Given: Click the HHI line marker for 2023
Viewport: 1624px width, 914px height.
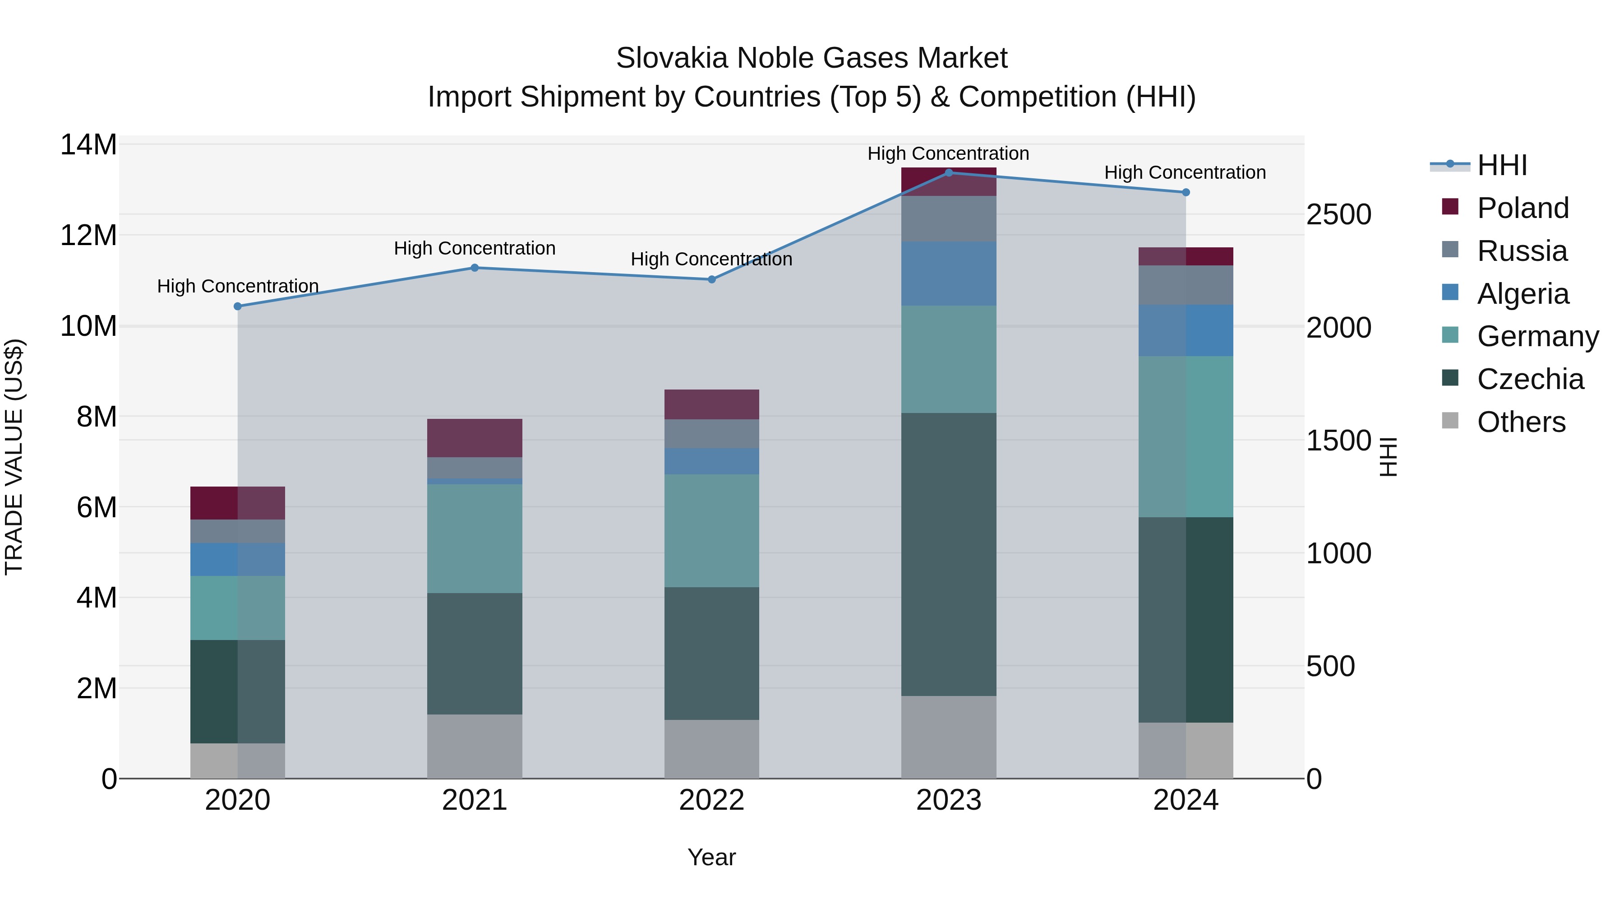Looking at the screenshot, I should point(948,172).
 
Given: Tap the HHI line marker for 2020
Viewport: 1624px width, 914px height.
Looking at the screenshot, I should point(238,306).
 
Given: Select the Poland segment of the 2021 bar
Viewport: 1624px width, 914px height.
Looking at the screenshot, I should point(475,438).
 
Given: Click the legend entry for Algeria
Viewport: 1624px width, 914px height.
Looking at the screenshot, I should point(1522,294).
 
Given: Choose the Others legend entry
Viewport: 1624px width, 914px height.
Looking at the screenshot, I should point(1521,422).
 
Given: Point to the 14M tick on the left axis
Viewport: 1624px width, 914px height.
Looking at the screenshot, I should point(88,145).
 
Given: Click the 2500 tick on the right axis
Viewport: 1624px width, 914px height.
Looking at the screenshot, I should point(1338,214).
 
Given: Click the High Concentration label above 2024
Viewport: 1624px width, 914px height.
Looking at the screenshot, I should point(1185,172).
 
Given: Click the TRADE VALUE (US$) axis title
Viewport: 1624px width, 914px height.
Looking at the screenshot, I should point(14,457).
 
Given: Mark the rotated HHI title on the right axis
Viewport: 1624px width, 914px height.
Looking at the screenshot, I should point(1389,457).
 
